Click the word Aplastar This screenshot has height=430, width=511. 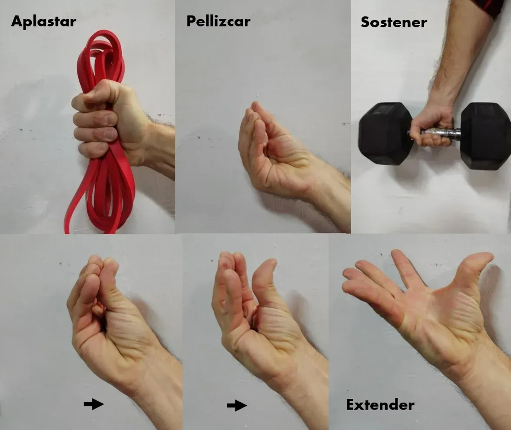(x=43, y=21)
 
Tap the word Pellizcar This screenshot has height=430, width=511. (x=218, y=21)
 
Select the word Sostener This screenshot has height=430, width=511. (x=394, y=22)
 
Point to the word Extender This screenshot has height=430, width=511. (x=380, y=405)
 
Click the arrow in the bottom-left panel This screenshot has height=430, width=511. (x=94, y=404)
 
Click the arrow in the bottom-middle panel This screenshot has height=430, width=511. (x=237, y=406)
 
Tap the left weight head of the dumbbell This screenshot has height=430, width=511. (x=385, y=133)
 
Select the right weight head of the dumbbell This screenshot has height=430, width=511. (x=485, y=136)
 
